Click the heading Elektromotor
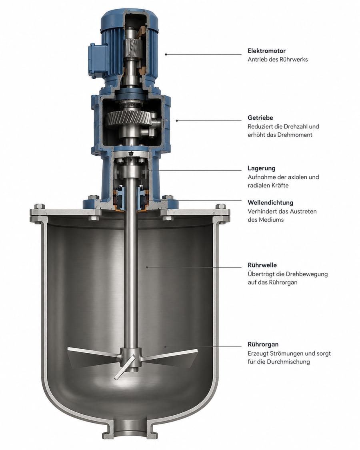point(267,51)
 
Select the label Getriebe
point(260,118)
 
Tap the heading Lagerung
point(262,168)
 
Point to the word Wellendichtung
point(270,203)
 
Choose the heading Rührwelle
point(262,265)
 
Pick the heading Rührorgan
point(263,344)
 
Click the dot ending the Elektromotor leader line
point(166,54)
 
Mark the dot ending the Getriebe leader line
point(176,120)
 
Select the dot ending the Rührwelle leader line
point(147,267)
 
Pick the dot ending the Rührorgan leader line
point(165,347)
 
